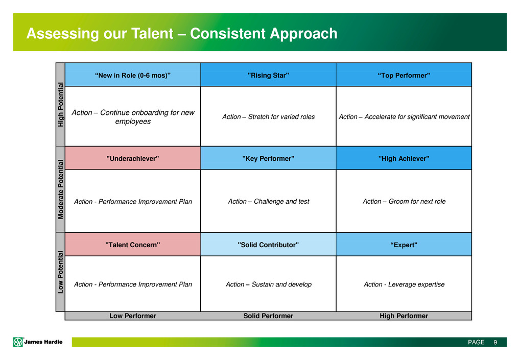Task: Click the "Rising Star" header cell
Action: (x=268, y=75)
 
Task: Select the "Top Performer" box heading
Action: (x=404, y=75)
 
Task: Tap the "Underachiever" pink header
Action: (x=133, y=158)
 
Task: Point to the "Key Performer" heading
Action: (x=268, y=158)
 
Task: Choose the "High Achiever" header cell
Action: (x=404, y=158)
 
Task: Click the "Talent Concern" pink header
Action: (x=133, y=244)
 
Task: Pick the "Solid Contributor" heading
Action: (x=268, y=244)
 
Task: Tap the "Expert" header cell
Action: (x=404, y=244)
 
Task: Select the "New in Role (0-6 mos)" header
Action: (x=133, y=75)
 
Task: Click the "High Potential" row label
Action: (x=60, y=104)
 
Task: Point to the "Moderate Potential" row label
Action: (x=60, y=189)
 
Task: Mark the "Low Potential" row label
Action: (x=60, y=272)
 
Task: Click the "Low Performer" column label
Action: (x=133, y=316)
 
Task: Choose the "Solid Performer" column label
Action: (x=268, y=316)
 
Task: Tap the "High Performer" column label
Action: (x=404, y=316)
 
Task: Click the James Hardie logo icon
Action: (x=18, y=342)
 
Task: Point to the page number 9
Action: (x=495, y=342)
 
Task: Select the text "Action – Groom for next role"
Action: (x=404, y=201)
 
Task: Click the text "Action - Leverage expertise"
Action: (x=404, y=284)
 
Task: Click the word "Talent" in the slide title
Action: (x=152, y=34)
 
